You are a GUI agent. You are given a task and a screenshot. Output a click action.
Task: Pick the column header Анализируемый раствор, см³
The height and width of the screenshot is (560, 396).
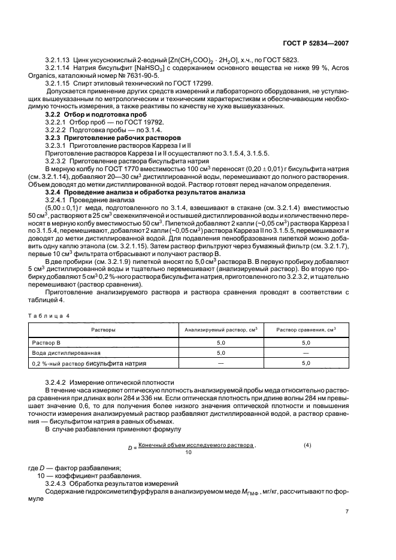click(x=220, y=330)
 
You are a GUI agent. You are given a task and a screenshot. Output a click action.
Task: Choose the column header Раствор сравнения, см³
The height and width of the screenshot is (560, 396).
click(x=306, y=330)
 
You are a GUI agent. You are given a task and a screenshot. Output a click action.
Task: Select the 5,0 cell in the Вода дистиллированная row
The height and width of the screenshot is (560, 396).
click(x=220, y=352)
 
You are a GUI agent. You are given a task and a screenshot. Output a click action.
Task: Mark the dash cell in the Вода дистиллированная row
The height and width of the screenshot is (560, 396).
click(x=306, y=352)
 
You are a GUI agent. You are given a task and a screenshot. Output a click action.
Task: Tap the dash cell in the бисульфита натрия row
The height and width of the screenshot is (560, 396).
click(x=220, y=363)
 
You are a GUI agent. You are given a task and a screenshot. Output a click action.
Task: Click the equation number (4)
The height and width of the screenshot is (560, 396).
click(x=307, y=445)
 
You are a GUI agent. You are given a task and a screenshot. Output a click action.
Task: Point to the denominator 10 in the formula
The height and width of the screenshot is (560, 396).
click(x=189, y=452)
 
